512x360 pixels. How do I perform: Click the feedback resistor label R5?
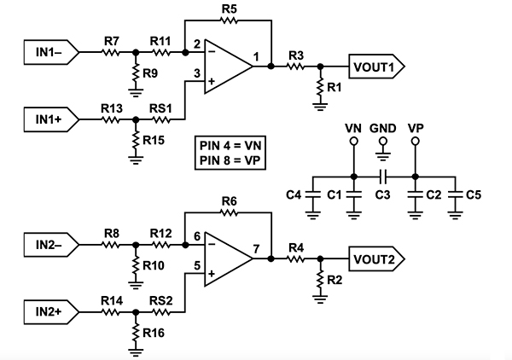(229, 9)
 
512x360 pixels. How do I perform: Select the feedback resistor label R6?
(229, 202)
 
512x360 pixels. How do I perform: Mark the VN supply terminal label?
(353, 127)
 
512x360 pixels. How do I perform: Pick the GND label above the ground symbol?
(383, 127)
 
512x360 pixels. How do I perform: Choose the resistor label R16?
(154, 331)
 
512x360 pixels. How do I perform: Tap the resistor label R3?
(295, 55)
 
